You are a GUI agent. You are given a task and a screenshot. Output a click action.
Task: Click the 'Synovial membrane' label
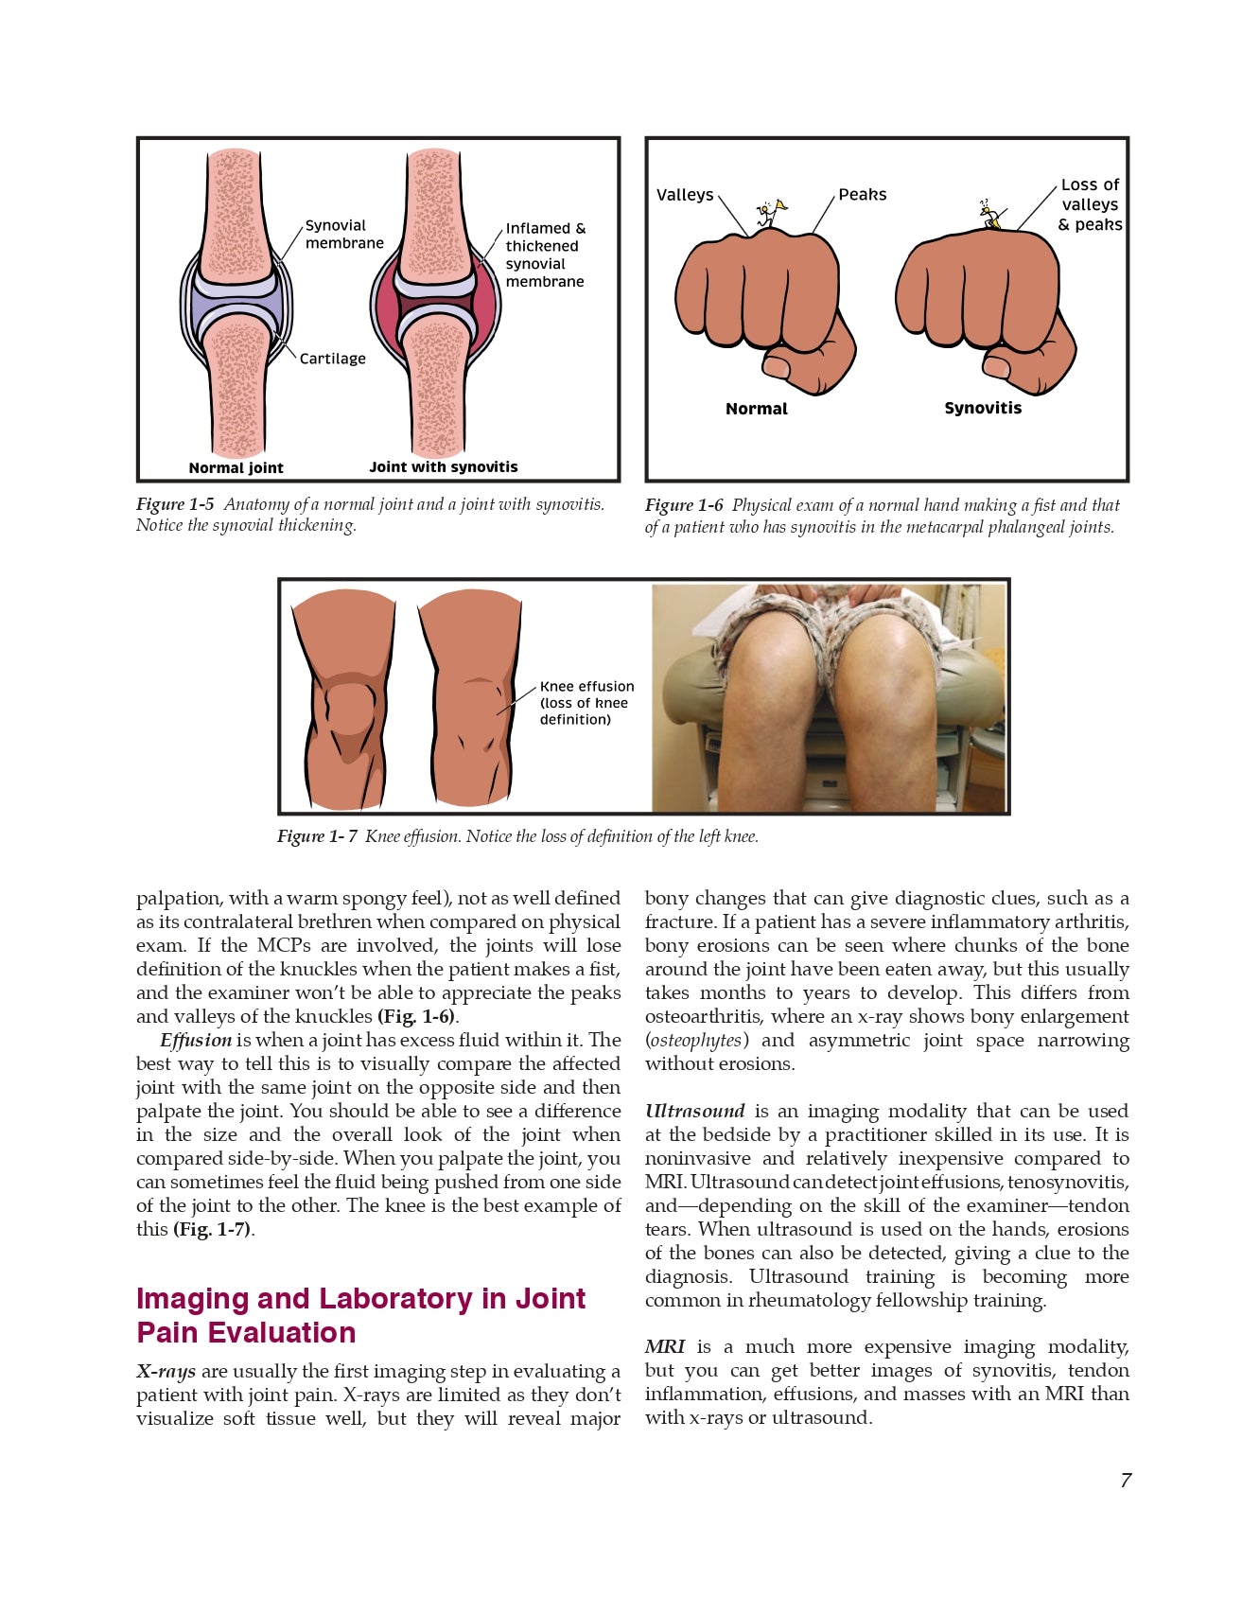[x=343, y=235]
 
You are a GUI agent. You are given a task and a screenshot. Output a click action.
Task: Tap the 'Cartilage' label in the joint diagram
[x=332, y=359]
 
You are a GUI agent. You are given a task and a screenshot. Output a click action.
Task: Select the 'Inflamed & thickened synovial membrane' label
[x=545, y=254]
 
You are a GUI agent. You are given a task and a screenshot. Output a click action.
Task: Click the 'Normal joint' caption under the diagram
[x=236, y=467]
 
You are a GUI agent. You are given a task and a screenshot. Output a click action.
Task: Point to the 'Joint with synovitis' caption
[x=444, y=466]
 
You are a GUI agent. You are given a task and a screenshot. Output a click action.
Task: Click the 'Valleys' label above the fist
[x=685, y=195]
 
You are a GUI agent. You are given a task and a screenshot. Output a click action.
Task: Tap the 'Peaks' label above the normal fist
[x=863, y=195]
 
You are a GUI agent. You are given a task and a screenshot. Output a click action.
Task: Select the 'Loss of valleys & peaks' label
[x=1090, y=204]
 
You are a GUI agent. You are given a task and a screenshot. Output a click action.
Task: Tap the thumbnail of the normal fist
[x=778, y=366]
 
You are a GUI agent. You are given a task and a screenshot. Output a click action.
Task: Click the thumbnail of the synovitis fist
[x=997, y=365]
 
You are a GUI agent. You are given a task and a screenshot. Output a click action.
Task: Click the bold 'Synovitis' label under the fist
[x=983, y=408]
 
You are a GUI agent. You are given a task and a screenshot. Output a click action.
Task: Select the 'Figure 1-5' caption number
[x=175, y=504]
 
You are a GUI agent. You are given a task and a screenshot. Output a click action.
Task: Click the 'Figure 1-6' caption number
[x=684, y=505]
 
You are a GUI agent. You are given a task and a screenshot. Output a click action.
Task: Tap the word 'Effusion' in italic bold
[x=196, y=1040]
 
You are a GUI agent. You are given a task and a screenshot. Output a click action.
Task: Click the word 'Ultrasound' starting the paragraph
[x=694, y=1111]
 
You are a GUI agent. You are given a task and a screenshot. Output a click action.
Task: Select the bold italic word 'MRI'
[x=665, y=1346]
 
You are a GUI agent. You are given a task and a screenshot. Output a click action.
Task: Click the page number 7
[x=1126, y=1481]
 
